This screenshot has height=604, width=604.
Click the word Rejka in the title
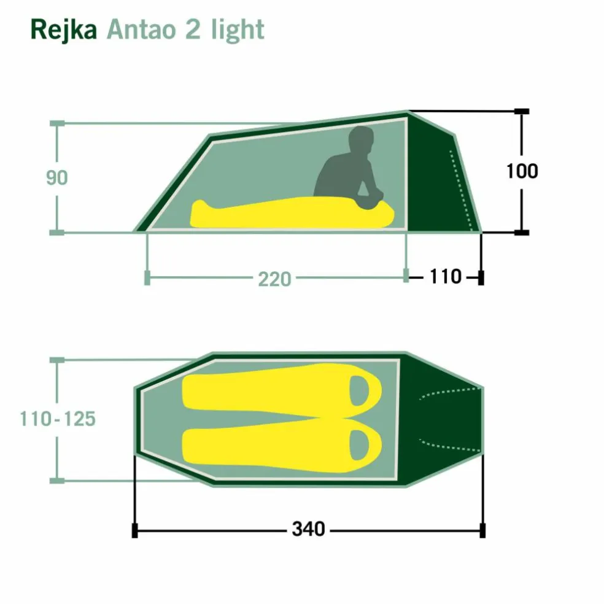64,30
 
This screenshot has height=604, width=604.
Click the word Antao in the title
141,29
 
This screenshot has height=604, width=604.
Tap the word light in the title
238,30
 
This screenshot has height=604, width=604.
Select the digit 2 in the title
193,29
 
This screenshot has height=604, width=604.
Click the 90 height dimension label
57,178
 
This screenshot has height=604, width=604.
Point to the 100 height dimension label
522,171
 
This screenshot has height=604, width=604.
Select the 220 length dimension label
274,279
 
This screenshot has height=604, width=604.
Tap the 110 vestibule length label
445,277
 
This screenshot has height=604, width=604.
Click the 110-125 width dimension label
58,419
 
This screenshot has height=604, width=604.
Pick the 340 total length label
308,529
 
